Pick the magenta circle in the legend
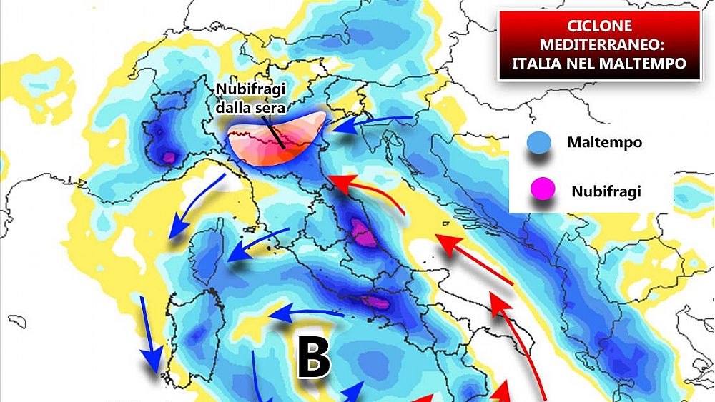click(x=541, y=190)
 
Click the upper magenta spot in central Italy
click(x=361, y=232)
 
